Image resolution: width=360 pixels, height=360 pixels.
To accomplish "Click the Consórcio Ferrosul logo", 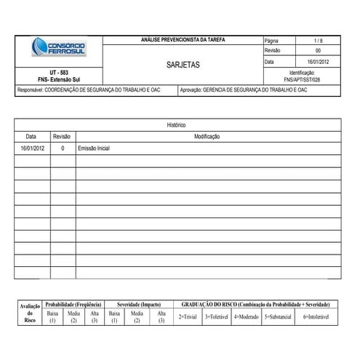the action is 57,48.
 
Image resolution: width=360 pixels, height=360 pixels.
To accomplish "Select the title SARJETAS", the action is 183,65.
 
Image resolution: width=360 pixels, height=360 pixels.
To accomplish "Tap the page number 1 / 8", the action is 318,41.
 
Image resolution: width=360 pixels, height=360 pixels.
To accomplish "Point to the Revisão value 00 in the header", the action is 318,52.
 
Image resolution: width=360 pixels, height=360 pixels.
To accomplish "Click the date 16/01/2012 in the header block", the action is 318,62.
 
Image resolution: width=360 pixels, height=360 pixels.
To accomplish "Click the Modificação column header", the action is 207,136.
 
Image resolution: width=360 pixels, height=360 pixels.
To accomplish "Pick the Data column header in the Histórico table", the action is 31,136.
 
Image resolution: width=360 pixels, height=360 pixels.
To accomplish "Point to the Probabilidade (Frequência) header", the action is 73,304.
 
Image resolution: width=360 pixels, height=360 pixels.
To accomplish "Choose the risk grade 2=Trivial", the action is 188,317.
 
